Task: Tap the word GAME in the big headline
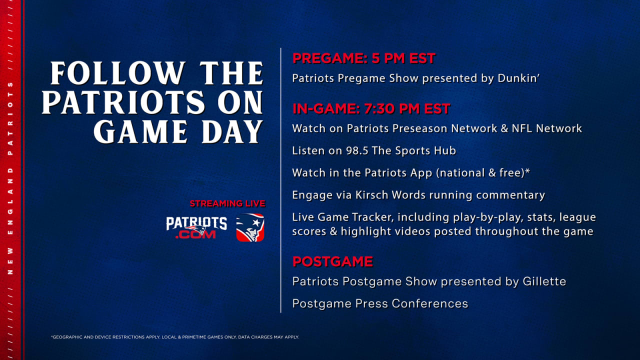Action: point(140,131)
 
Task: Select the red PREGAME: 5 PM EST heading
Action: point(363,58)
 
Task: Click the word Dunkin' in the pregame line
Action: point(518,78)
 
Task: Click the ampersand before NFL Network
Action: point(504,128)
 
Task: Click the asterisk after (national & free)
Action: point(527,171)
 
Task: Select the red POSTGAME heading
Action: point(333,261)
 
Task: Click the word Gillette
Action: point(544,281)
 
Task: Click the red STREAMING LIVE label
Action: point(227,203)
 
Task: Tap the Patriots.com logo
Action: point(196,227)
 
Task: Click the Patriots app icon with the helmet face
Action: point(250,227)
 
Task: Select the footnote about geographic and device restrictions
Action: point(175,337)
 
